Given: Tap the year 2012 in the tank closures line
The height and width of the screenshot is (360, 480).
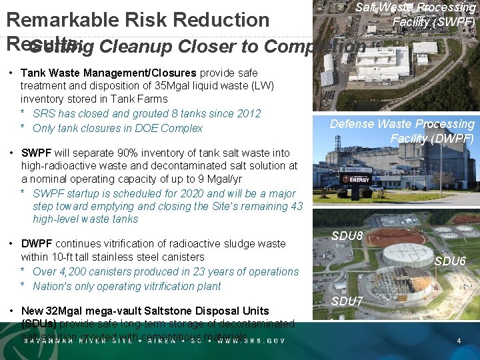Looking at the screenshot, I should [x=247, y=113].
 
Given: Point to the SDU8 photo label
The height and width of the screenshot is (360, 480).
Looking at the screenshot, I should [x=347, y=236].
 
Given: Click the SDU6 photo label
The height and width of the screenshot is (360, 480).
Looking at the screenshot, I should [x=450, y=261].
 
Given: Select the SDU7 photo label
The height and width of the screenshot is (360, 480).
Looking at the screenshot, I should [x=347, y=301].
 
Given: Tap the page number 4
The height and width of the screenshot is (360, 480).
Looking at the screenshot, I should [x=459, y=341].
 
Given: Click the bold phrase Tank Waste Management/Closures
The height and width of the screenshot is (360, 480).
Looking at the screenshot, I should [x=109, y=72].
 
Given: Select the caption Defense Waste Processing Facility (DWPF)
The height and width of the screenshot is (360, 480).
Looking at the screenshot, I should [x=403, y=131].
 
